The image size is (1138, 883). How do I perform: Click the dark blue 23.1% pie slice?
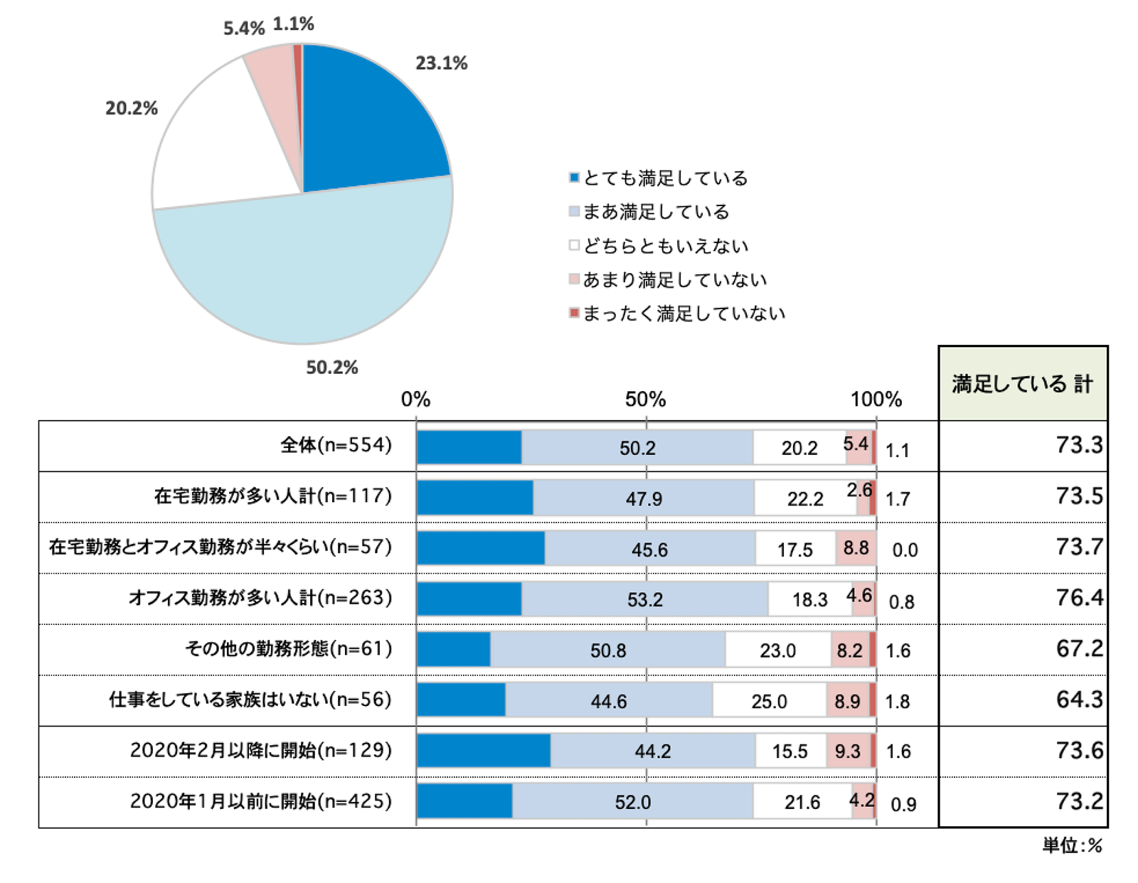363,121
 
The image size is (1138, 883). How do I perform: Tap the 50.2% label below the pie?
332,368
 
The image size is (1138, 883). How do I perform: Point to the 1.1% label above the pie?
294,24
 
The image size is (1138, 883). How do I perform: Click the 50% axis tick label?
646,400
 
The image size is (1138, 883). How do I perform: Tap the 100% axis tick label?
876,400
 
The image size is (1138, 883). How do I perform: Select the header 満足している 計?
1023,384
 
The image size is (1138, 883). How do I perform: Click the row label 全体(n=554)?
336,446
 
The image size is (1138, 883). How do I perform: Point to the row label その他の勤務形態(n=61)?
289,649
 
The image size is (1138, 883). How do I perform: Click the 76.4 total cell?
1079,598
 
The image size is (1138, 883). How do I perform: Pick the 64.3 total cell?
1079,700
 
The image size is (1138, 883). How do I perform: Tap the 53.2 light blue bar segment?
644,599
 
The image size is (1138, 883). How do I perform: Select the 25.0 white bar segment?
769,701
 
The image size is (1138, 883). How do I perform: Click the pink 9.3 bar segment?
848,751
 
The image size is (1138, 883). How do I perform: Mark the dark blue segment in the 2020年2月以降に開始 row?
484,751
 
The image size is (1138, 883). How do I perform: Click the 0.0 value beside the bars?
905,550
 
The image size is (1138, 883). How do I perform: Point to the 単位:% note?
1073,845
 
